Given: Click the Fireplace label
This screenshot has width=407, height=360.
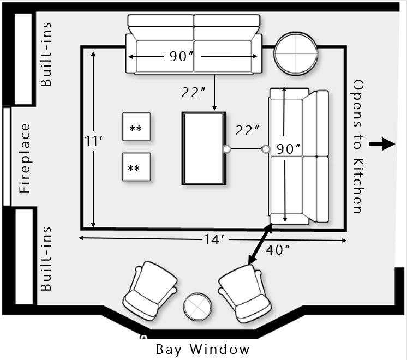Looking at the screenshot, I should tap(25, 158).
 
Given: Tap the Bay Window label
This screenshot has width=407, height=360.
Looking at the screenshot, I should tap(202, 349).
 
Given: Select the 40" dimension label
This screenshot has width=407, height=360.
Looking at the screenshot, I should tap(278, 250).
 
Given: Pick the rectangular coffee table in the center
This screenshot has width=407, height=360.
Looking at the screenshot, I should tap(203, 148).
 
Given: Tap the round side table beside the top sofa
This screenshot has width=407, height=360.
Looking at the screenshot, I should tap(296, 53).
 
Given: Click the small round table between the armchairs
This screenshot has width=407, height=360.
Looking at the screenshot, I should tap(197, 308).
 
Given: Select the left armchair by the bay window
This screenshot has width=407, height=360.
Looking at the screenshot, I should tap(151, 290).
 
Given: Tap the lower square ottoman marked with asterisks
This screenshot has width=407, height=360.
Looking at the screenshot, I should tap(136, 167).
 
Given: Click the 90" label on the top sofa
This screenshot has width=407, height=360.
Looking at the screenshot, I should tap(178, 56).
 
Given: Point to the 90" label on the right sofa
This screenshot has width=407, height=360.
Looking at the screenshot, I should tap(289, 149).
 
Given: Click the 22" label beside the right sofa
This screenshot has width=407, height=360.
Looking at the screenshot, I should tap(247, 131).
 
